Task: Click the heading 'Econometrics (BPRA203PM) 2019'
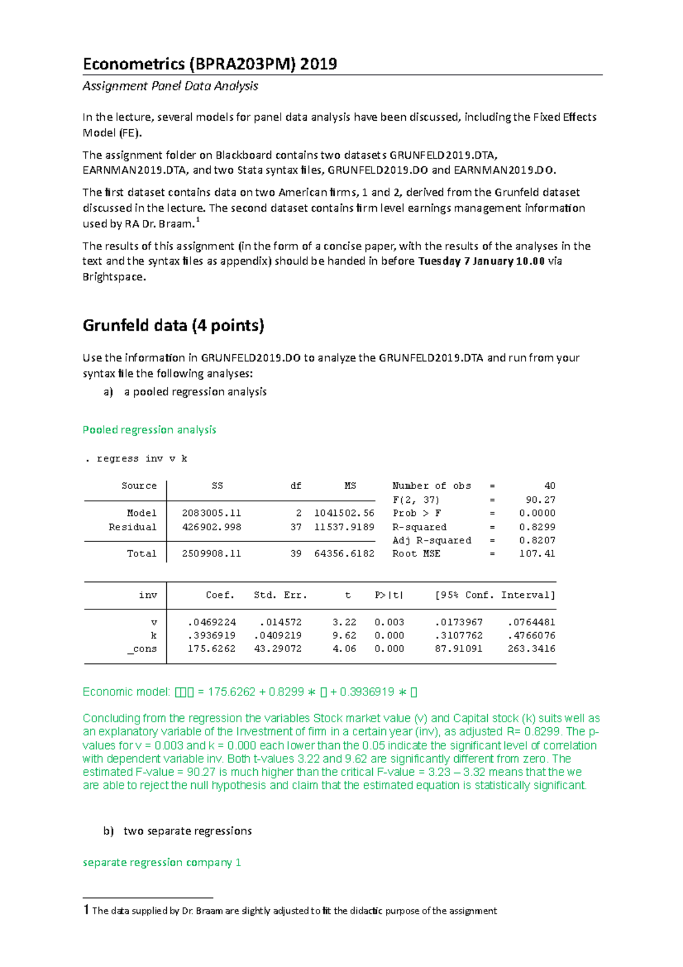click(x=209, y=64)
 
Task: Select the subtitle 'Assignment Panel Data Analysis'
click(x=170, y=86)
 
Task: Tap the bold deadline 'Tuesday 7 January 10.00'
click(x=482, y=261)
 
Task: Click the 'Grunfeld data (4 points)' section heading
click(x=173, y=325)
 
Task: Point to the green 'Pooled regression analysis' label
click(x=149, y=430)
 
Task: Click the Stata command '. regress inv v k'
click(x=136, y=458)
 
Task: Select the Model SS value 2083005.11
click(x=211, y=513)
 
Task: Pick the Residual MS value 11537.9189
click(x=344, y=527)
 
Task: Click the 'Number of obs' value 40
click(x=549, y=486)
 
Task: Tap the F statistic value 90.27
click(x=540, y=499)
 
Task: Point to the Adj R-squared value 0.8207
click(x=537, y=540)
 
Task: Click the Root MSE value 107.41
click(x=537, y=554)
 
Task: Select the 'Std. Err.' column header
click(x=280, y=595)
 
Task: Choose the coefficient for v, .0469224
click(x=211, y=622)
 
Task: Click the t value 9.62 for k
click(x=344, y=636)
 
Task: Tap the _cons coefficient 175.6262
click(x=211, y=649)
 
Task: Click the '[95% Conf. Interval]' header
click(x=495, y=595)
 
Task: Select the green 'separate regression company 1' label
click(x=162, y=863)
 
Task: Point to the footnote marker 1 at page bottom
click(x=86, y=909)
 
